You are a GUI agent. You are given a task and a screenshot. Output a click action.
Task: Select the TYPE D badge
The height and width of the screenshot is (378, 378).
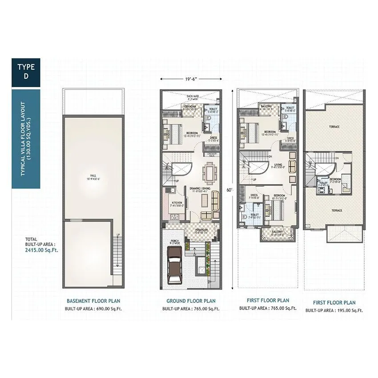pos(26,72)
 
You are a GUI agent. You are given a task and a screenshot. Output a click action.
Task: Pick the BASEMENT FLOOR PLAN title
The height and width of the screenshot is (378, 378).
pos(93,301)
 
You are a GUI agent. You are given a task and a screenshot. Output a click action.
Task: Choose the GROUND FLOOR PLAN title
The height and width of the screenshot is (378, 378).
pos(191,301)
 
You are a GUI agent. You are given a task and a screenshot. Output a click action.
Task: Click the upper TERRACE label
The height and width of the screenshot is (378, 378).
pos(334,127)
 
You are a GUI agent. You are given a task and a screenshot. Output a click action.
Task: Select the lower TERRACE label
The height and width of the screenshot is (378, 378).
pos(337,210)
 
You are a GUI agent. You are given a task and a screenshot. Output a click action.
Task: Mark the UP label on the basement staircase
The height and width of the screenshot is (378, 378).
pos(118,235)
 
